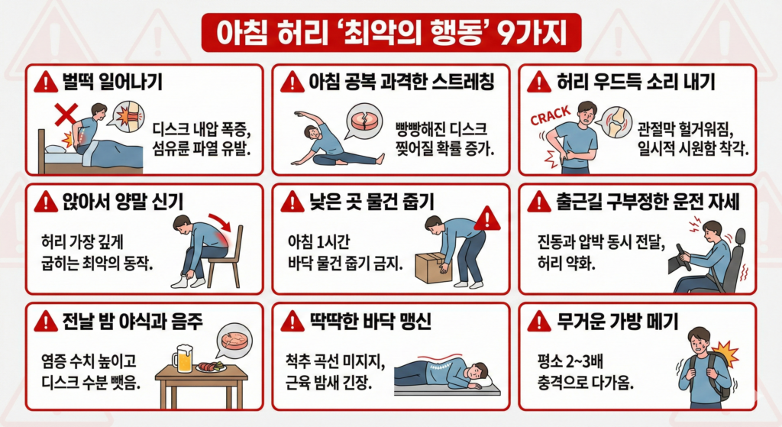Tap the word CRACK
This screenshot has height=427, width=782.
pyautogui.click(x=550, y=115)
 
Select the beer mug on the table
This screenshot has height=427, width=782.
pyautogui.click(x=183, y=358)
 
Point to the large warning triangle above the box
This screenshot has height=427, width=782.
pyautogui.click(x=486, y=218)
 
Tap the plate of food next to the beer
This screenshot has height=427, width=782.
pyautogui.click(x=212, y=367)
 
